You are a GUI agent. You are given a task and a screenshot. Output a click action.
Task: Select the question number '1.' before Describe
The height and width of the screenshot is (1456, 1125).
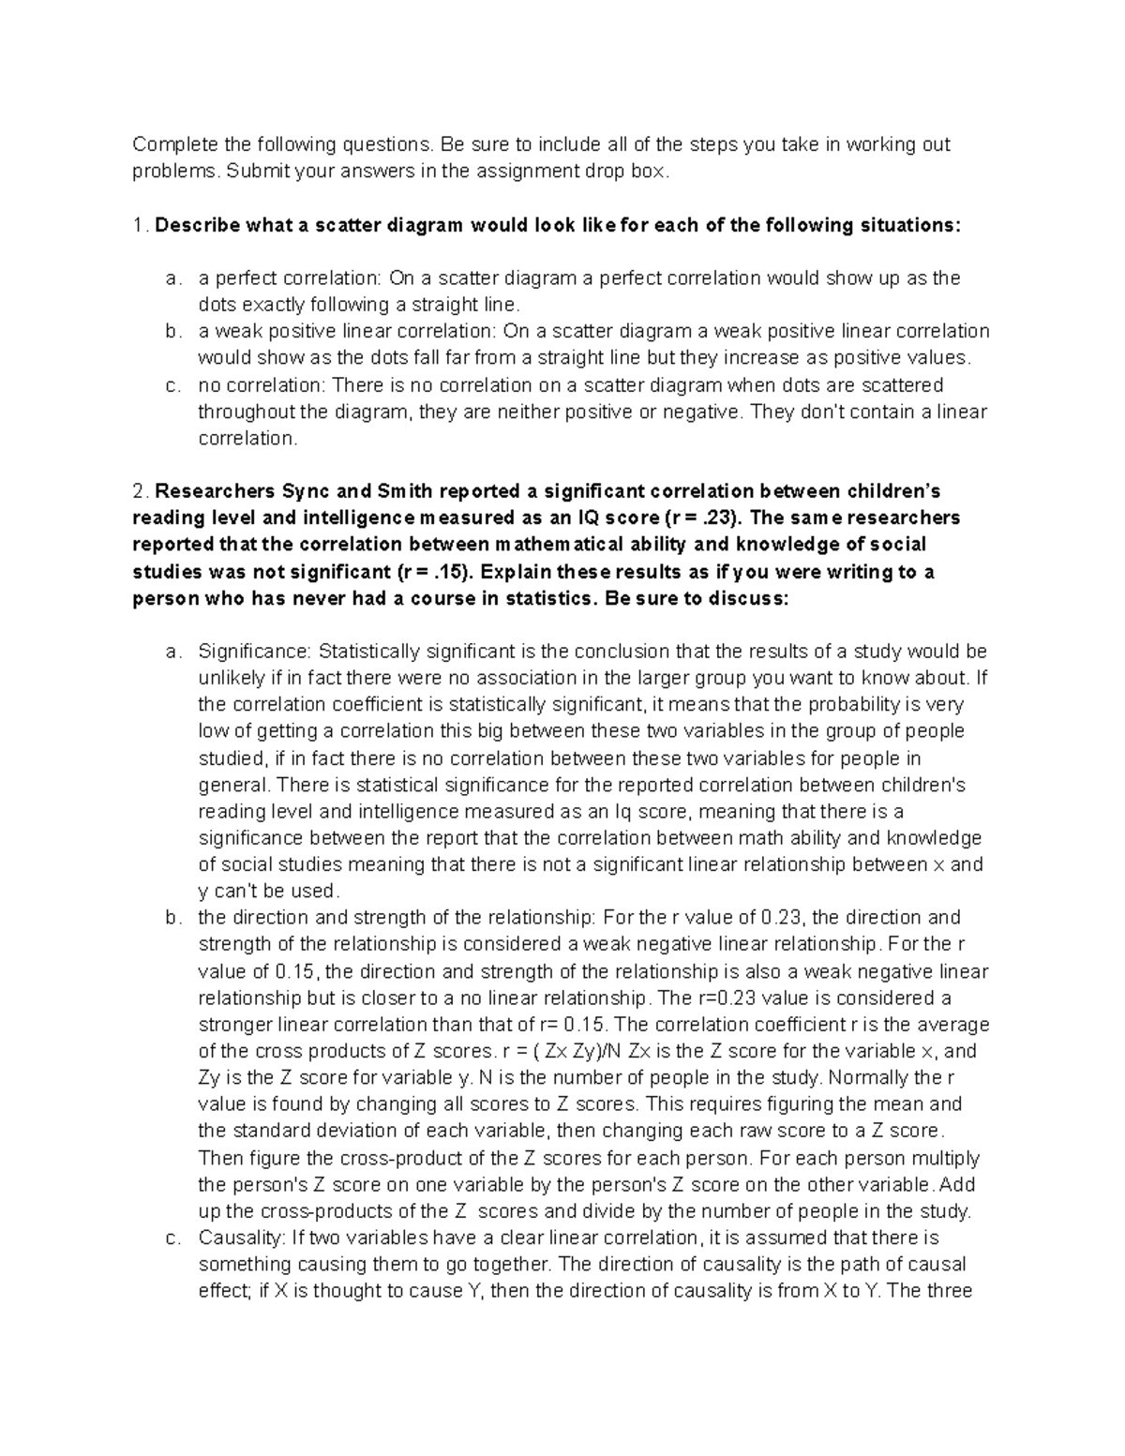pos(140,225)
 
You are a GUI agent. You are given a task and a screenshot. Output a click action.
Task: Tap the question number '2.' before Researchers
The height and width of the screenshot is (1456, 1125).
pos(141,491)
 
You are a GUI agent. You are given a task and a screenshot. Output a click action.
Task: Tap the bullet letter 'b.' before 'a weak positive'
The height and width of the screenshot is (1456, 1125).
pos(172,331)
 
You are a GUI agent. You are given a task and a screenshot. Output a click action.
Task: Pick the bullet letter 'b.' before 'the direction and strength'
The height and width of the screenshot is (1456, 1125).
pos(172,918)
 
